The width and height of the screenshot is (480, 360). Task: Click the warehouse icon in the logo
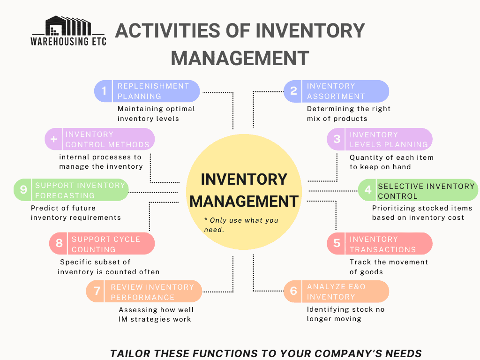(68, 25)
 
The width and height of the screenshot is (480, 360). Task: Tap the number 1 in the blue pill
(104, 91)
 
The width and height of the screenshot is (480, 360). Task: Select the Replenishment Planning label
(153, 91)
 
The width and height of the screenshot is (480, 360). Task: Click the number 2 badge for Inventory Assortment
(293, 91)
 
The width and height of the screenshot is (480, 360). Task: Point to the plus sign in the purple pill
(54, 139)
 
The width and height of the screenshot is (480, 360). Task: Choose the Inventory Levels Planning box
(389, 139)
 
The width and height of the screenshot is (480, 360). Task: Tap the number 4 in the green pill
(368, 190)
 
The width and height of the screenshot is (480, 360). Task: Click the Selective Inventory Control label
(426, 191)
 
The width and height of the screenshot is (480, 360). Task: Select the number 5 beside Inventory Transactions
(337, 244)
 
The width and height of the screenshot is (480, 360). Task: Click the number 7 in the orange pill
(97, 292)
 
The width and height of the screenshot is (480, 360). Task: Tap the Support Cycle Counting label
(106, 244)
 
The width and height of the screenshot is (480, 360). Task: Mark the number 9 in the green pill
(23, 190)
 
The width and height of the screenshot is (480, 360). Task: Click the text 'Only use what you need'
(241, 225)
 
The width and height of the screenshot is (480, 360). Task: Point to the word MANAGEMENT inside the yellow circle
(244, 201)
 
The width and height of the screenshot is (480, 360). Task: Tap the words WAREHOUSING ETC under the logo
(68, 41)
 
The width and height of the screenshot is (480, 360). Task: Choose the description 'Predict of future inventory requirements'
(75, 212)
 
